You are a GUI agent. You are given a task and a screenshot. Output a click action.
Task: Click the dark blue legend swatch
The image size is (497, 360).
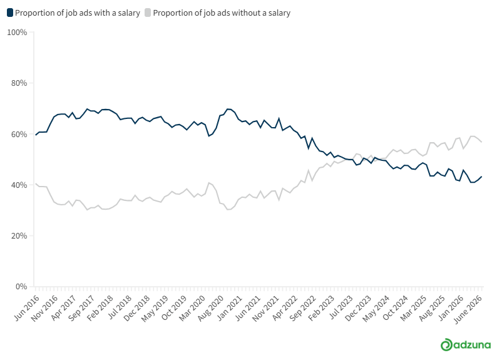tap(10, 13)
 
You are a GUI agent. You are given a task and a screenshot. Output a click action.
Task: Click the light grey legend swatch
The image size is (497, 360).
tap(148, 13)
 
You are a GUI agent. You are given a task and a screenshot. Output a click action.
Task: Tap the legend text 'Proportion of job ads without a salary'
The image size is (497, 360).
tap(222, 13)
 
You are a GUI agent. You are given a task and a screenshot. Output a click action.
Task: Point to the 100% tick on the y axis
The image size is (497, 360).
tap(30, 33)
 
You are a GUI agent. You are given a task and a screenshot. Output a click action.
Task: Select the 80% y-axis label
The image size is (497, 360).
tap(19, 83)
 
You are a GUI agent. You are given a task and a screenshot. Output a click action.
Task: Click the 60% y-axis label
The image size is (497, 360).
tap(19, 134)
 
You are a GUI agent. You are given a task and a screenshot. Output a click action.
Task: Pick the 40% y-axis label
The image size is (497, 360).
tap(19, 185)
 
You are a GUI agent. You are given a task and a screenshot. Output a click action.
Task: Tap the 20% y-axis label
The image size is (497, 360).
tap(19, 236)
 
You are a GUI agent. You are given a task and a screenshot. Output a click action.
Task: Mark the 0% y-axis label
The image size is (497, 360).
tap(21, 287)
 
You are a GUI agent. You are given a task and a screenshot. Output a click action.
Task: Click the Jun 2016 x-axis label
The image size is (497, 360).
tap(28, 307)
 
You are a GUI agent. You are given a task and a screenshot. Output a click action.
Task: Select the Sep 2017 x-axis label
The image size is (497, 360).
tap(81, 307)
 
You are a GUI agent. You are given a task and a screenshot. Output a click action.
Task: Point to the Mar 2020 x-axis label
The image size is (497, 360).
tap(192, 307)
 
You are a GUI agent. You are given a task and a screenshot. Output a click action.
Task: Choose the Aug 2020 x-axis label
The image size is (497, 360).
tap(210, 307)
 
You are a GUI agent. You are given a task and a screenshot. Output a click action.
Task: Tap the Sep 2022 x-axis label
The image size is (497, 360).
tap(303, 307)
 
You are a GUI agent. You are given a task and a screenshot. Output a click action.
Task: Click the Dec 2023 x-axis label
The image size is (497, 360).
tap(358, 307)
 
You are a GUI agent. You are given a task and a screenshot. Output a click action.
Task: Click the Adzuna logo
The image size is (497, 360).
tap(466, 345)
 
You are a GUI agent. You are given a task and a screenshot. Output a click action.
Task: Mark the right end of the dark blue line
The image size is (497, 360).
tap(482, 177)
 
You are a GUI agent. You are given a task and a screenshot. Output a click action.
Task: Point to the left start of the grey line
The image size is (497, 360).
tap(36, 183)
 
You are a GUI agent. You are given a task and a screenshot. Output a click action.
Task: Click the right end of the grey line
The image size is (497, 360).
tap(482, 142)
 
